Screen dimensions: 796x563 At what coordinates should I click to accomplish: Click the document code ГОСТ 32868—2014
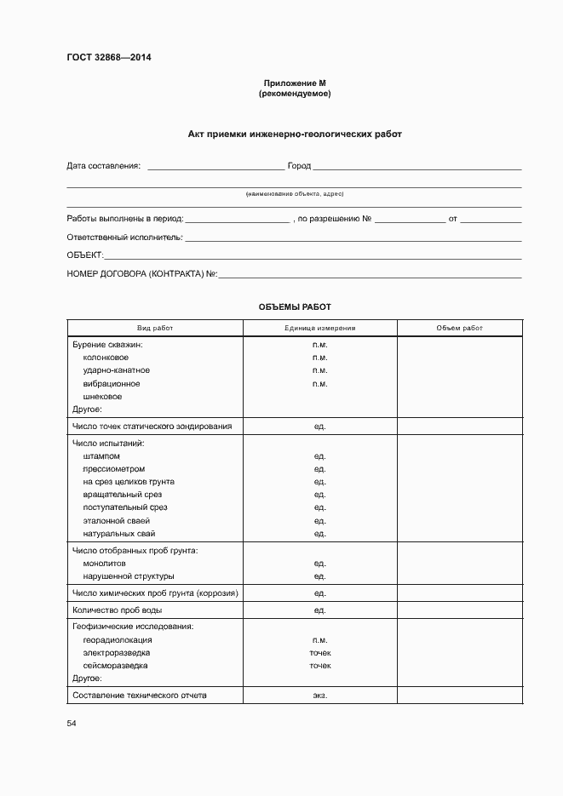click(109, 59)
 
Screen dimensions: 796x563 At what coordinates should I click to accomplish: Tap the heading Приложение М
click(294, 83)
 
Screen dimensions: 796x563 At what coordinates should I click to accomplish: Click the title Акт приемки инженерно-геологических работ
click(294, 135)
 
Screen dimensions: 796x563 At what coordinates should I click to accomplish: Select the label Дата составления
click(103, 166)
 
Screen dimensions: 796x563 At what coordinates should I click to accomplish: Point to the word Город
click(299, 166)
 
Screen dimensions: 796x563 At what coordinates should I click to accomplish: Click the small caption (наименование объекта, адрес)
click(294, 194)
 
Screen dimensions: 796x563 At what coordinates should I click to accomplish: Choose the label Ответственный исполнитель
click(124, 237)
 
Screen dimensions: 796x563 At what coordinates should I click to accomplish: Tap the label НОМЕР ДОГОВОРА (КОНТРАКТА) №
click(142, 274)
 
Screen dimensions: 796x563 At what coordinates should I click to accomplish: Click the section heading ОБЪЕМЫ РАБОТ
click(294, 306)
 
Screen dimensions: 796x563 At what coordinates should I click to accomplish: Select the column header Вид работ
click(155, 328)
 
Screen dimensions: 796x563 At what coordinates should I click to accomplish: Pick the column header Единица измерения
click(320, 328)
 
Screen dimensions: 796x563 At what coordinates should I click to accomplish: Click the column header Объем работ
click(459, 328)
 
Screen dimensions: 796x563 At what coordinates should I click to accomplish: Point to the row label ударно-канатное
click(116, 370)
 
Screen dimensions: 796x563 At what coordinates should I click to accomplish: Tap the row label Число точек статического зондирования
click(152, 426)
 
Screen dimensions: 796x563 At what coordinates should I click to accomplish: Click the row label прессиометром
click(113, 469)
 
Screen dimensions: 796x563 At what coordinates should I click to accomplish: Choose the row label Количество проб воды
click(117, 610)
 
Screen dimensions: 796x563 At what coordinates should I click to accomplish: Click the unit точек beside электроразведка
click(320, 653)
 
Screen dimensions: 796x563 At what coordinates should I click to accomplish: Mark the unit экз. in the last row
click(320, 696)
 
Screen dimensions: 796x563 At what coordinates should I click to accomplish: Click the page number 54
click(72, 723)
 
